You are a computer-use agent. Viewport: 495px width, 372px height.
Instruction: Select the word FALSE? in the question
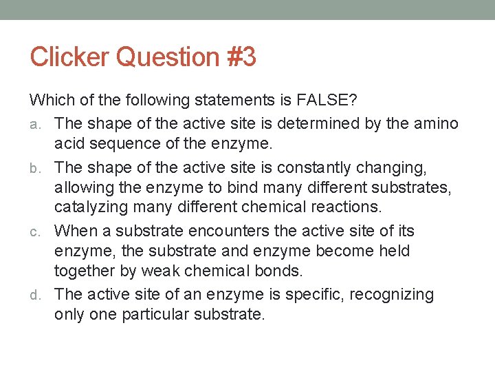[x=327, y=101]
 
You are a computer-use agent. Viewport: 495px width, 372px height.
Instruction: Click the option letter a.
[x=41, y=125]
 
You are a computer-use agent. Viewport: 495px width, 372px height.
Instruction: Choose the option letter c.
[x=41, y=232]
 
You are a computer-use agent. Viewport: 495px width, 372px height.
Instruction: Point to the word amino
[x=434, y=123]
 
